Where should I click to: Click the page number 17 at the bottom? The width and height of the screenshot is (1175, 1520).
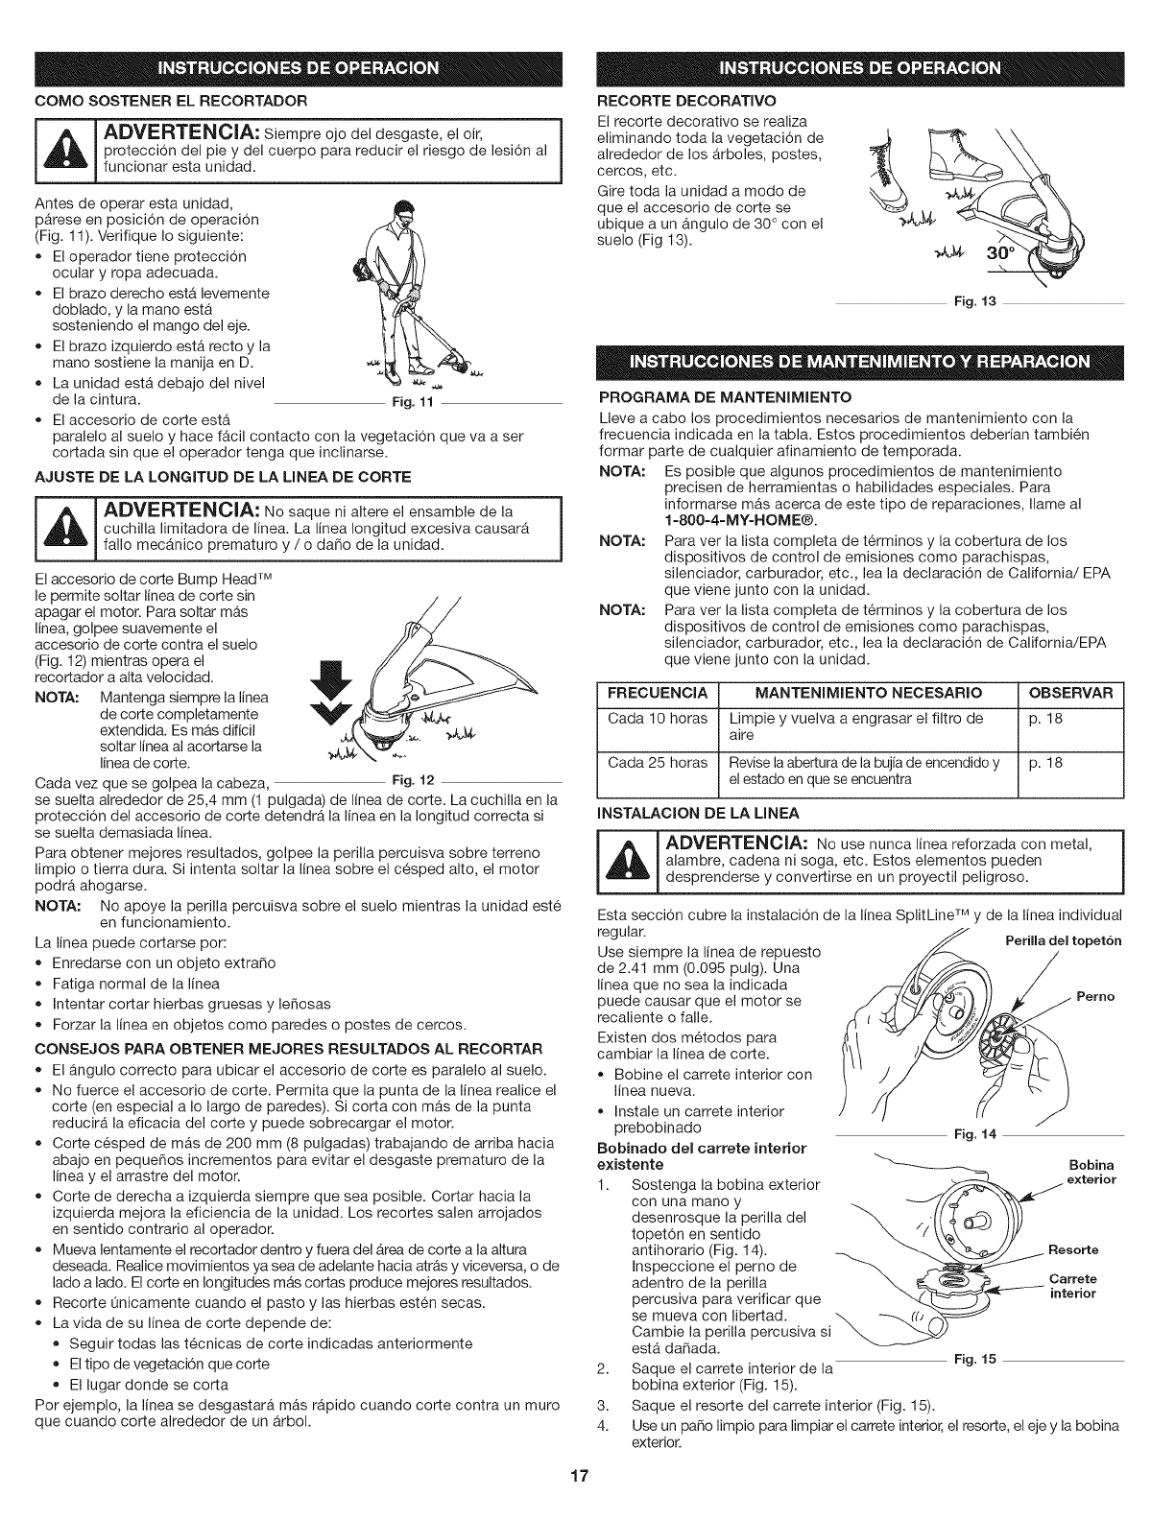587,1501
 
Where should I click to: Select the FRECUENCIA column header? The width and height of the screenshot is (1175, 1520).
658,693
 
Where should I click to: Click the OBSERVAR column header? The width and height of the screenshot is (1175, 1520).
1069,693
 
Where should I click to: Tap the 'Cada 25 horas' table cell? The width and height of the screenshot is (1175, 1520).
658,764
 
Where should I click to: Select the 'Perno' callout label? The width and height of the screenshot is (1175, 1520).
1095,997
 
